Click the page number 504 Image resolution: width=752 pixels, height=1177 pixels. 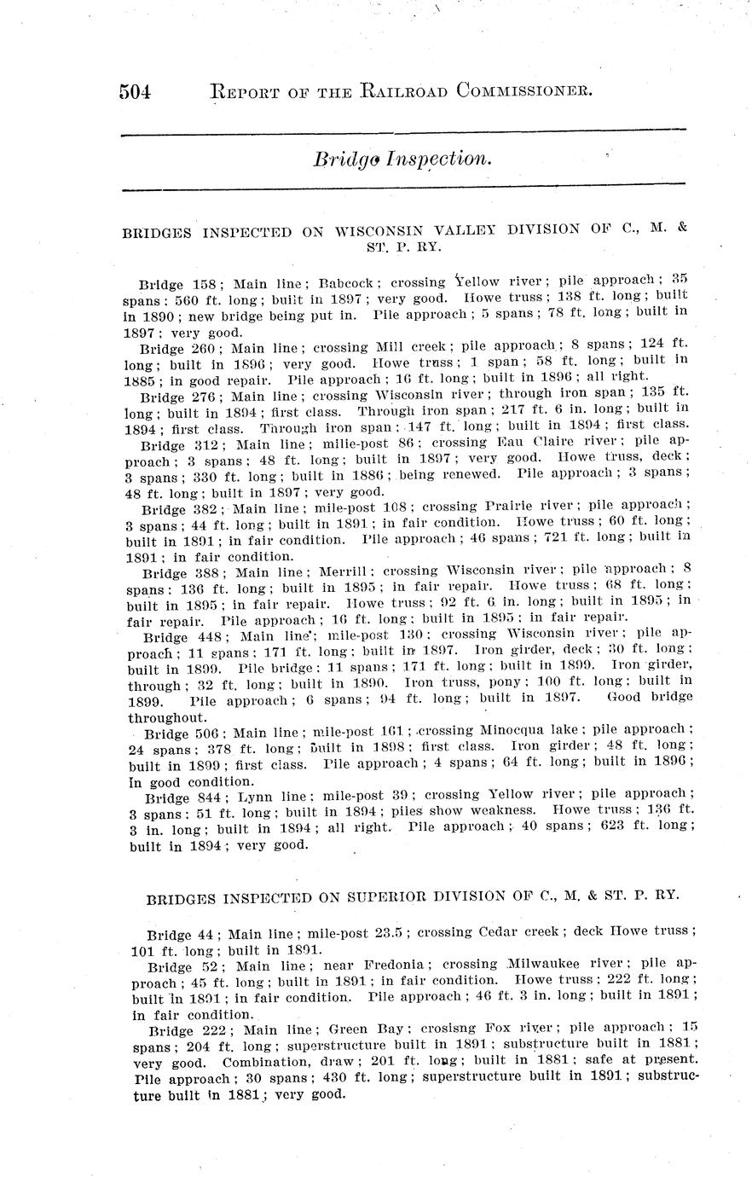135,90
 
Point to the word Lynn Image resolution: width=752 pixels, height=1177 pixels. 252,797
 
